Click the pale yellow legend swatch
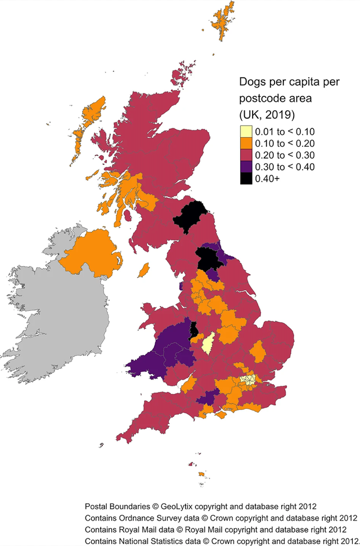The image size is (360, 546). [x=246, y=132]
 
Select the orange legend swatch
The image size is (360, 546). [x=246, y=143]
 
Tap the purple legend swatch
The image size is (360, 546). [x=246, y=166]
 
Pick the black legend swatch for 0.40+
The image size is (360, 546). [x=246, y=178]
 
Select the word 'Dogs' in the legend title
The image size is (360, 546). [x=252, y=82]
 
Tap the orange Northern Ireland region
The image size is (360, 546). [x=90, y=253]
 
